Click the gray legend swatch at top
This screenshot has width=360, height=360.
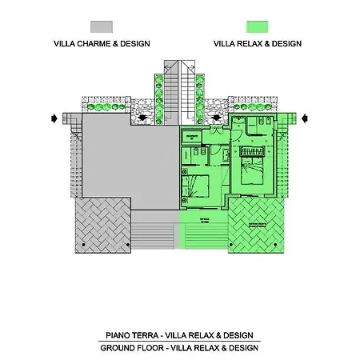tap(102, 28)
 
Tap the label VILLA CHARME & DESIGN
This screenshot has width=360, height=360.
tap(102, 44)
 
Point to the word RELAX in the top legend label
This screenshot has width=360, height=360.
tap(253, 44)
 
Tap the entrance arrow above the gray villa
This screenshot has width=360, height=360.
tap(142, 118)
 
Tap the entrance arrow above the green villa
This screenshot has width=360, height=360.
tap(217, 118)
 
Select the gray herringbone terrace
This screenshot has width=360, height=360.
tap(101, 225)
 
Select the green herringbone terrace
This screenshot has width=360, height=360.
tap(258, 225)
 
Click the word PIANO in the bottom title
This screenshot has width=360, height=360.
tap(120, 334)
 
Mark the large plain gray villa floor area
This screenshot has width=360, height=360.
tap(128, 160)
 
